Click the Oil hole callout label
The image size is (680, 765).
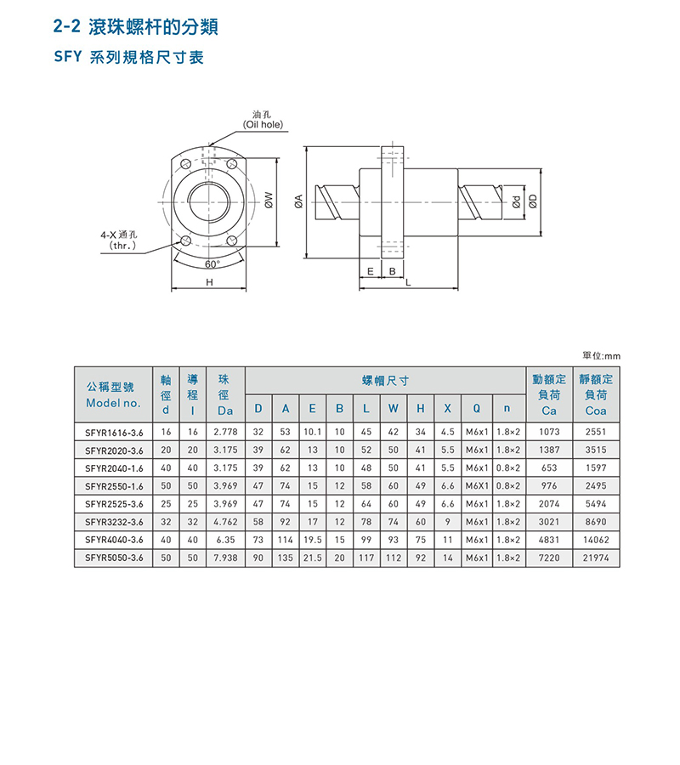(x=263, y=120)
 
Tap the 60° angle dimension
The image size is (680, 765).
(x=212, y=264)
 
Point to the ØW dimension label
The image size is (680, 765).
(x=269, y=200)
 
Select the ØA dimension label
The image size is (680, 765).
(x=299, y=201)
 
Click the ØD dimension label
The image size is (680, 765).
(x=533, y=201)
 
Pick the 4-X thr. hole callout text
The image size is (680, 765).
(x=120, y=240)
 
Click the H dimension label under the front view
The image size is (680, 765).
(x=209, y=282)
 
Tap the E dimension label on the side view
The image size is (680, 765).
(x=371, y=271)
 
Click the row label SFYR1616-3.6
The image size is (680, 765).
(x=114, y=433)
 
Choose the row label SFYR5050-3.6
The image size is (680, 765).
(x=114, y=558)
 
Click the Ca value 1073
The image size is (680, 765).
(x=549, y=432)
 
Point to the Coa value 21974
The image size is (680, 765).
(x=596, y=558)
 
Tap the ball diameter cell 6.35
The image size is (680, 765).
(x=225, y=540)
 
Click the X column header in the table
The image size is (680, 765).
(x=447, y=408)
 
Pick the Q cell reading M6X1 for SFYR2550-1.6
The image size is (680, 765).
(x=477, y=486)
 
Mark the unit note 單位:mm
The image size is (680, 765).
(x=602, y=355)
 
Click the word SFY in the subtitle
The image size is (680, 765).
(x=68, y=57)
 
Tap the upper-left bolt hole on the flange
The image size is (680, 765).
(x=185, y=164)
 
